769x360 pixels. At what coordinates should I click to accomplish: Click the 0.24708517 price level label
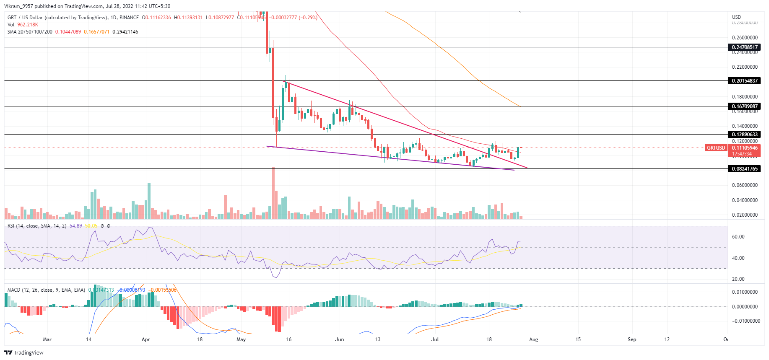744,47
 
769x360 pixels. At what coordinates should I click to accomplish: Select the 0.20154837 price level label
744,81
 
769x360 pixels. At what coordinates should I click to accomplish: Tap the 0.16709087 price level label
744,106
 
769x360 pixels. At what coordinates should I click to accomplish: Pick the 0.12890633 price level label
744,135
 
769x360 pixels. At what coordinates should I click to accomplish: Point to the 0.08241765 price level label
744,169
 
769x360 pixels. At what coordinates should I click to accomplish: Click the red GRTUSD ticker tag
716,148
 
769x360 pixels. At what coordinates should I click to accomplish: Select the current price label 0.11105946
745,148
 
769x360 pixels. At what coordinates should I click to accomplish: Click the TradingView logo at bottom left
24,352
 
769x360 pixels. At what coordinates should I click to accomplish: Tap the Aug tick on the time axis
533,339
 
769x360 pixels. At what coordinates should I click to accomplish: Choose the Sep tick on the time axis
631,339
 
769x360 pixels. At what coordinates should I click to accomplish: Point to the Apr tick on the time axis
145,339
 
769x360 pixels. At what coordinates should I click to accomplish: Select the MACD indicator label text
46,290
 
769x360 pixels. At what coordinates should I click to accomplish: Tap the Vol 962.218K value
23,25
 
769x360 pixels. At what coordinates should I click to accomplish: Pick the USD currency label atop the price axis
736,17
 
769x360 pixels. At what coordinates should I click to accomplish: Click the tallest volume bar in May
273,193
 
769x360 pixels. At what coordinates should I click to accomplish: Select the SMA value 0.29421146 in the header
125,32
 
